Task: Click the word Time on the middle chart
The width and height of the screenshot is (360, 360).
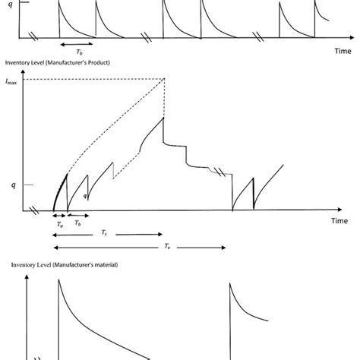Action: pos(338,220)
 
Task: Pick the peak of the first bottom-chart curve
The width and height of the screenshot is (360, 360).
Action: pos(58,280)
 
